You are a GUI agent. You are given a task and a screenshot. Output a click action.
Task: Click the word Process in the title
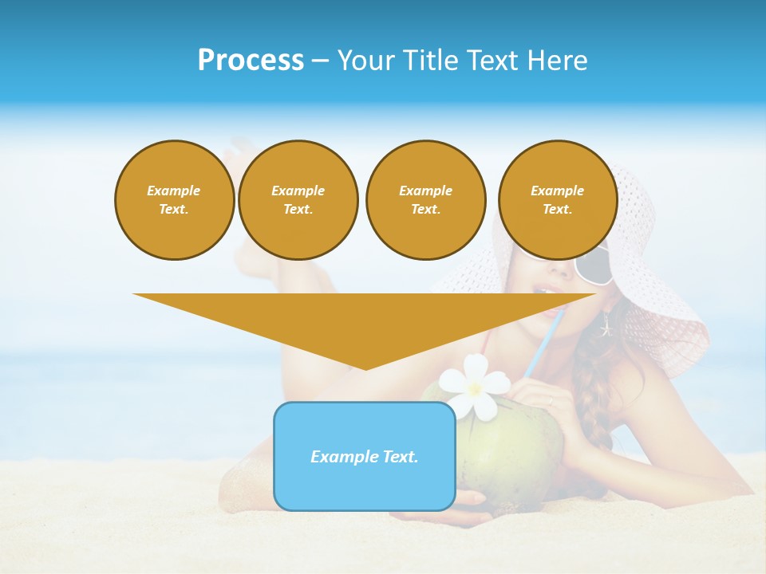251,61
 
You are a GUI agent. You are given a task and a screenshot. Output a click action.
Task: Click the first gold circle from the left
174,200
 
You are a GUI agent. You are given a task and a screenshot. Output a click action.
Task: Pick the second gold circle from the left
298,200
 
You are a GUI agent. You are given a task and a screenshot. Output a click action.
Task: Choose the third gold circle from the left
425,200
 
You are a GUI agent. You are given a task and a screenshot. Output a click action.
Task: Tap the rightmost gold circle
557,200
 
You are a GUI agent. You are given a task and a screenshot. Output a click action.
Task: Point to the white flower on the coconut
476,384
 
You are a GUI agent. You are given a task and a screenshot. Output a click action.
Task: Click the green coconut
511,446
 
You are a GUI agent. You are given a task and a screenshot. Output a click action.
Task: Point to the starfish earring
606,325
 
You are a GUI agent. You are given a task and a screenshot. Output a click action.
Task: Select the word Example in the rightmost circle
557,191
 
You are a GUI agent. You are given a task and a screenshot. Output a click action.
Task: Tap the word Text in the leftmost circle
174,210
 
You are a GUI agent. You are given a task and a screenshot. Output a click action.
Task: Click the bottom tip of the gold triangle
365,368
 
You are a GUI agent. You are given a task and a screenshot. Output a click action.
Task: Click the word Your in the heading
365,61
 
